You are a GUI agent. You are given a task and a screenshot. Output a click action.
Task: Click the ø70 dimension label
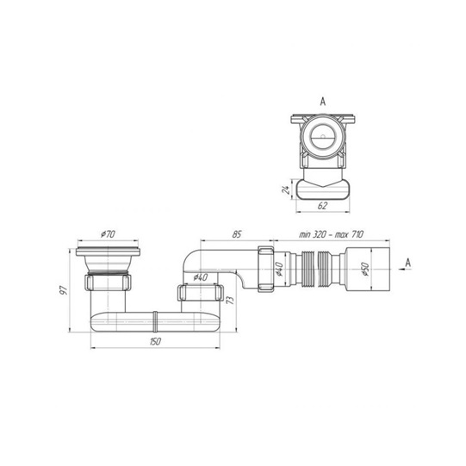pos(108,234)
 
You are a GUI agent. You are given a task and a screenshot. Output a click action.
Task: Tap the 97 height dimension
pos(64,289)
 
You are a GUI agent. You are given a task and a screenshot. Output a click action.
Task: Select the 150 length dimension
pos(155,341)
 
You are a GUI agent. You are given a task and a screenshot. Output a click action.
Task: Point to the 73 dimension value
pos(230,300)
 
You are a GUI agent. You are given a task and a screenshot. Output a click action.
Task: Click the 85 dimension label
pos(237,234)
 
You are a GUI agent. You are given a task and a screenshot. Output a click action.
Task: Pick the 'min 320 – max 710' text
pos(331,234)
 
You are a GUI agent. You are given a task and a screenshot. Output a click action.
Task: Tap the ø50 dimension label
pos(365,270)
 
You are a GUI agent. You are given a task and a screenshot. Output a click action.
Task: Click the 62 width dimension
pos(322,206)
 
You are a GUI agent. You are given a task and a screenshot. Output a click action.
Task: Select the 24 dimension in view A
pos(286,190)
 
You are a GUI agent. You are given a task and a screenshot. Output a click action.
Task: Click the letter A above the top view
pos(323,102)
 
